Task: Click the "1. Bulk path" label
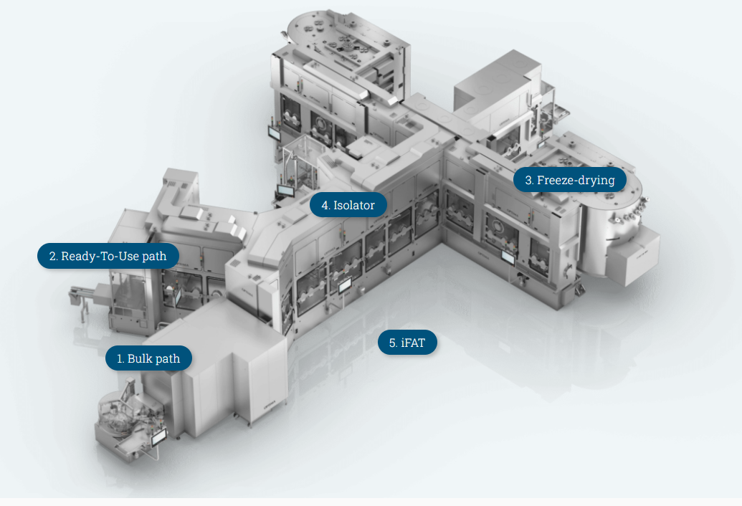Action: pos(148,358)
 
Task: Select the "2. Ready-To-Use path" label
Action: pos(108,256)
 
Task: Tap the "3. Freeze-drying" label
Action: pos(570,180)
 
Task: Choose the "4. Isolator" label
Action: pos(348,205)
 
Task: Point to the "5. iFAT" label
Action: pos(407,343)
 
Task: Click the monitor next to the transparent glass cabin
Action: pos(286,191)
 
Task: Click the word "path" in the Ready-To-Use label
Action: pos(154,257)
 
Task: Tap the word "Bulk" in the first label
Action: pos(140,358)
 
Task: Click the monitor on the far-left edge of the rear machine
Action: pos(275,133)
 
